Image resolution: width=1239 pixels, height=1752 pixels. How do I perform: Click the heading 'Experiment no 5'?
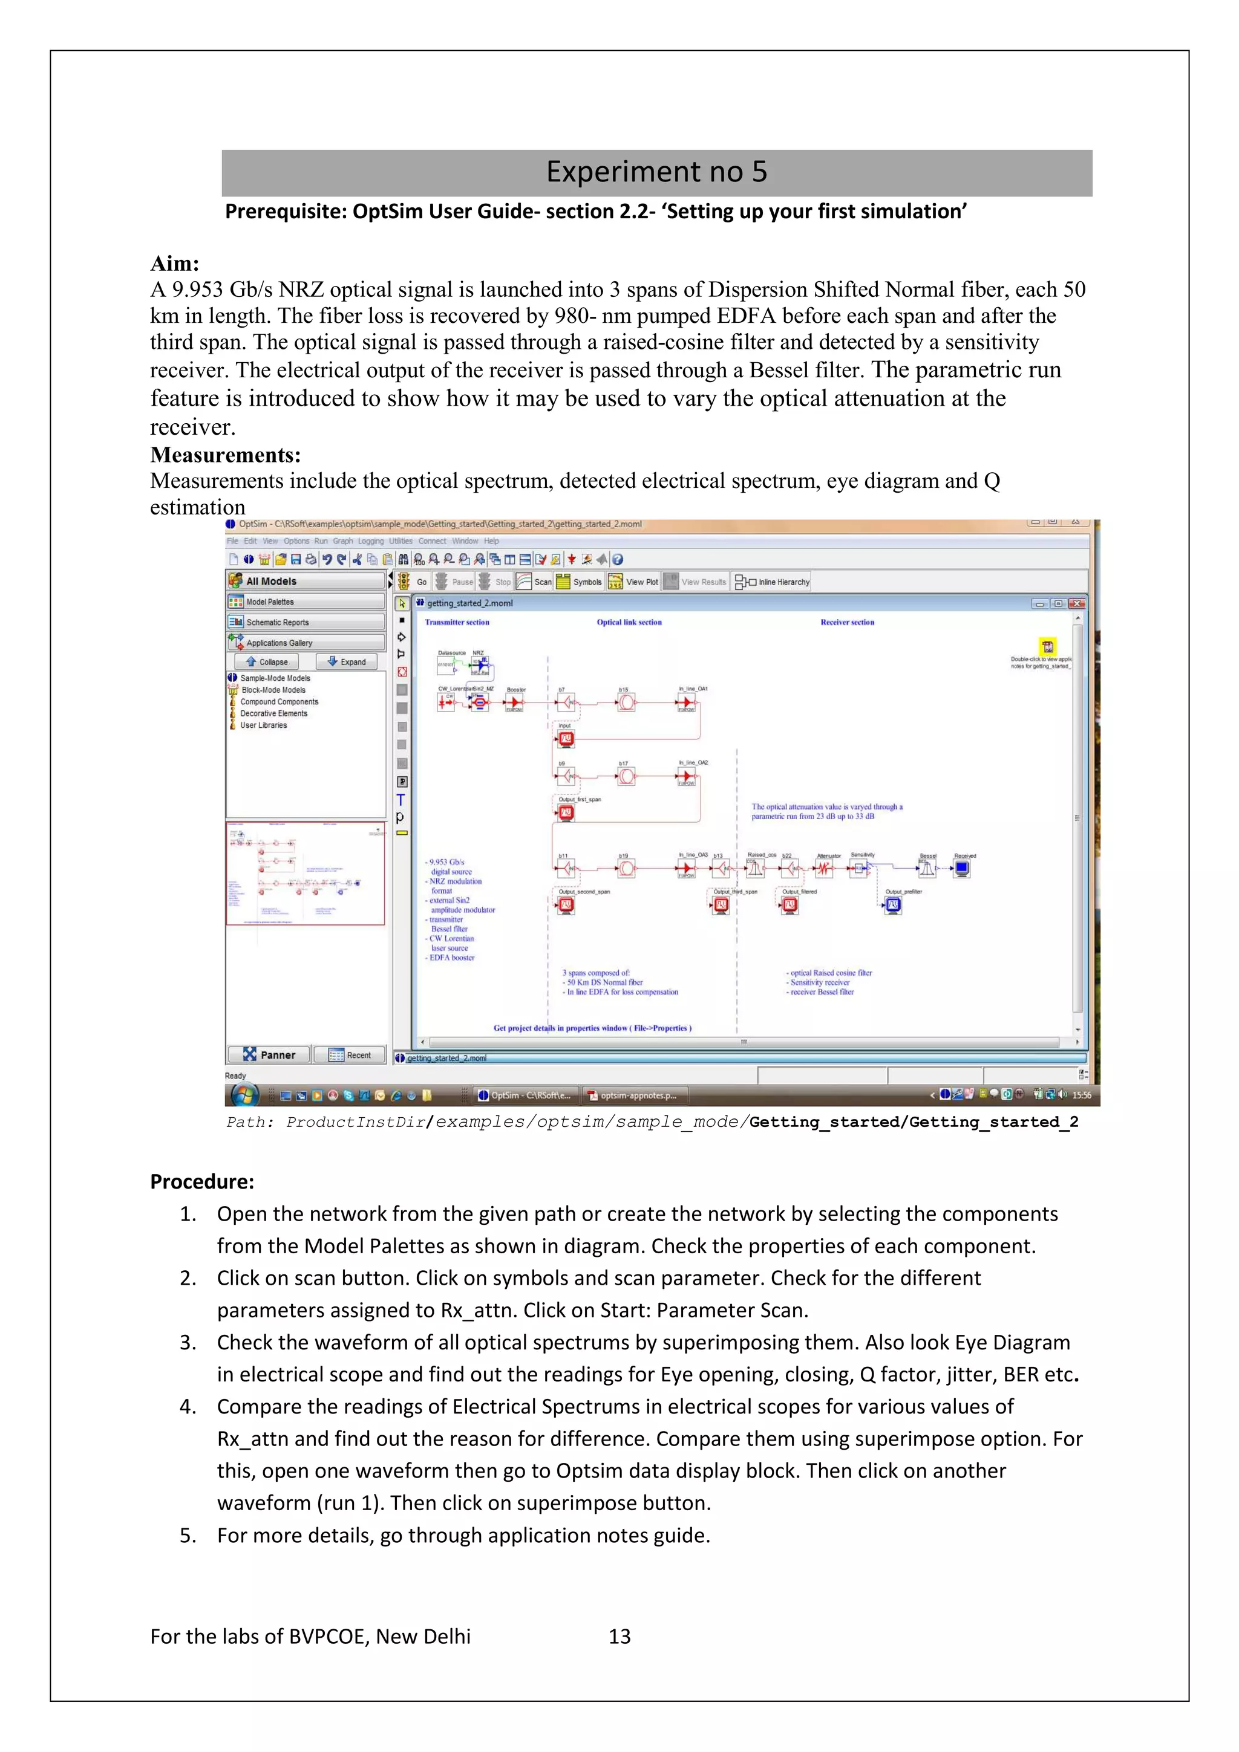[x=656, y=172]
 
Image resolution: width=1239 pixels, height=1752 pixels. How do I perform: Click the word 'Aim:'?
[x=174, y=264]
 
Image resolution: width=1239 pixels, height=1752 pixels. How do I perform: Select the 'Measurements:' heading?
[x=225, y=456]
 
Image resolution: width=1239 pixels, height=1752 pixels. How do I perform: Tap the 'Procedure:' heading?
[x=201, y=1181]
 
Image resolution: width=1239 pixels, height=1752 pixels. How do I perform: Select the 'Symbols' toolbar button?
[x=580, y=582]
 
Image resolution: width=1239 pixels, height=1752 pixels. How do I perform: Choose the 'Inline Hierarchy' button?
[x=773, y=582]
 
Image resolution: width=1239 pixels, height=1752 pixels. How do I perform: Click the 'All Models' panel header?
[x=306, y=581]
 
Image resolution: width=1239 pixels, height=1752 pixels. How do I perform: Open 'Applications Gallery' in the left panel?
[x=306, y=643]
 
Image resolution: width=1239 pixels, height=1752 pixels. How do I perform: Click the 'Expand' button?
[x=347, y=661]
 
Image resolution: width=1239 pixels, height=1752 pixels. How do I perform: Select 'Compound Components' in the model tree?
[x=279, y=701]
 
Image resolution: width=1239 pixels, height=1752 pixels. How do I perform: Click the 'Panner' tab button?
[x=269, y=1054]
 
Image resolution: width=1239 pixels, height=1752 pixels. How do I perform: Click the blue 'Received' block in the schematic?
[x=962, y=868]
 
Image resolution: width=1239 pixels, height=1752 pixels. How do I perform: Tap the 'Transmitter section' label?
[x=457, y=622]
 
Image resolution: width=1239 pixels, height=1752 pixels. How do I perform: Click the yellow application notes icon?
[x=1047, y=646]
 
